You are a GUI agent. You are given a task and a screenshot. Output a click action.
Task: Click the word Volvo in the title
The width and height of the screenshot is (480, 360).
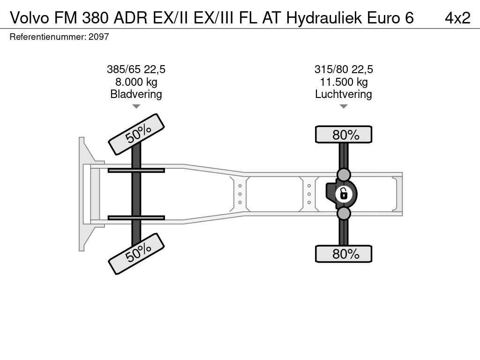coord(30,18)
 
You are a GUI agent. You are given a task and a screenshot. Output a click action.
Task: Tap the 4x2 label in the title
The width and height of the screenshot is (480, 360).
coord(457,18)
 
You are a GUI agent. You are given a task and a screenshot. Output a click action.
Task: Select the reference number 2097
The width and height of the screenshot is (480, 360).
coord(98,37)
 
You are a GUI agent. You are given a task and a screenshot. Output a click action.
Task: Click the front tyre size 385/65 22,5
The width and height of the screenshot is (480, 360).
coord(136,69)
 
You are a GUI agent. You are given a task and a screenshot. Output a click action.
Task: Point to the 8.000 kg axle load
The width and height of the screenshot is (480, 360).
coord(136,82)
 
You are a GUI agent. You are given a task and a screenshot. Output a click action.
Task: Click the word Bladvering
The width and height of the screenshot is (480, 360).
coord(136,94)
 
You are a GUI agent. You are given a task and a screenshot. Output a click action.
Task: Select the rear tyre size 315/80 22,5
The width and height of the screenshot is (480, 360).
coord(344,69)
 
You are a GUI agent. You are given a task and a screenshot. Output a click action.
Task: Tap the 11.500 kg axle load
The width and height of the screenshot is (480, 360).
coord(344,82)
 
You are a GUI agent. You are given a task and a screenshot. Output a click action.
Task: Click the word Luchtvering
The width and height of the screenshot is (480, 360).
coord(344,94)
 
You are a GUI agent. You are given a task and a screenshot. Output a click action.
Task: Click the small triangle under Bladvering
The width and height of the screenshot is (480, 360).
coord(136,106)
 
